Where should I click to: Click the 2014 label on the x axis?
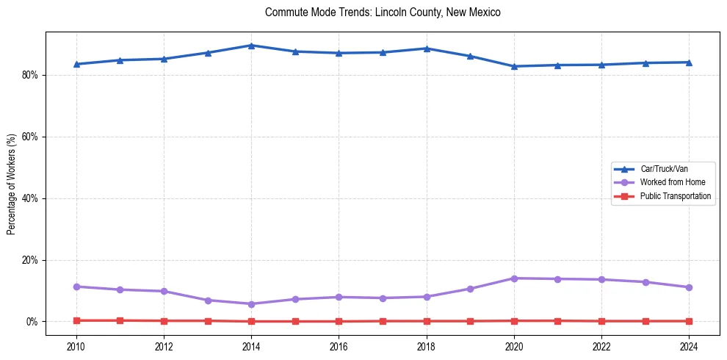tap(251, 347)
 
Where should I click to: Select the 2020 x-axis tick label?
tap(514, 347)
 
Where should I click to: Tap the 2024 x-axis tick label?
tap(689, 347)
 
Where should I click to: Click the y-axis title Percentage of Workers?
tap(12, 183)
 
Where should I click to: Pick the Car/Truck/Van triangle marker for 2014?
tap(251, 46)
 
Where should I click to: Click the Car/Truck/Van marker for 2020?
tap(514, 66)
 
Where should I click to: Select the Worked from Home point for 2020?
tap(514, 278)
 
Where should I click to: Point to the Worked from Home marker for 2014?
tap(251, 304)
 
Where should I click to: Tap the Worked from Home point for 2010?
tap(76, 287)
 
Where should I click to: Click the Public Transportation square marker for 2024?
tap(689, 321)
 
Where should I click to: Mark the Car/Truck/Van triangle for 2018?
tap(427, 48)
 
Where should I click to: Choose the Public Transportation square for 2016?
tap(339, 321)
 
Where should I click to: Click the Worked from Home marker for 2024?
tap(689, 287)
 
